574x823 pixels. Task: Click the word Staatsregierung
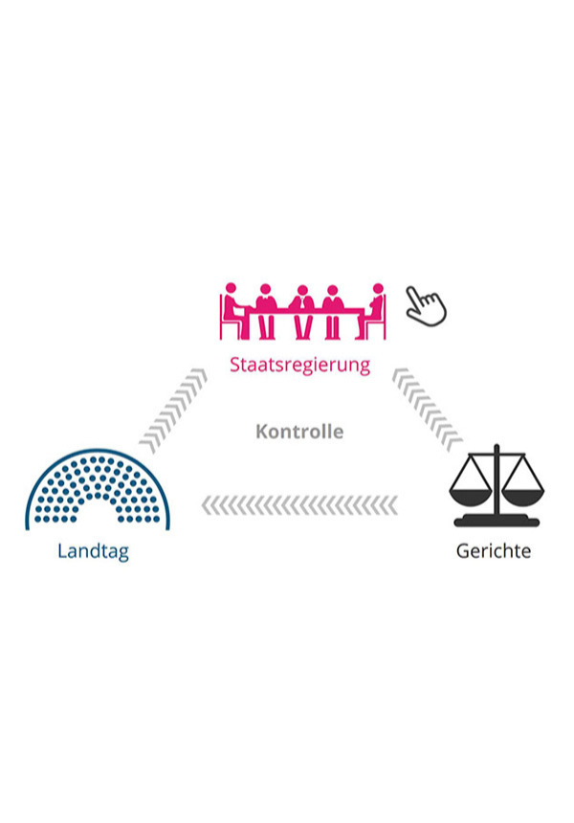[x=299, y=366]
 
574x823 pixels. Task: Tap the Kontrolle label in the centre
[x=299, y=432]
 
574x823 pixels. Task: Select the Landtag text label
[x=93, y=551]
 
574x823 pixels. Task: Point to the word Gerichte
[x=494, y=551]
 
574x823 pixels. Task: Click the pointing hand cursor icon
[x=426, y=306]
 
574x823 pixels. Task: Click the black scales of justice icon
[x=497, y=485]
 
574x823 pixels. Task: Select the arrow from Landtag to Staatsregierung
[x=174, y=410]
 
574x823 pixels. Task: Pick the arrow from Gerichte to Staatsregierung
[x=427, y=410]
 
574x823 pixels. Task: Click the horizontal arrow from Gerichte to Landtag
[x=299, y=505]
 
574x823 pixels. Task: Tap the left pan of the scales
[x=471, y=497]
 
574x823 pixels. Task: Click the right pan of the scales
[x=523, y=497]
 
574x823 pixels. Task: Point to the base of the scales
[x=497, y=522]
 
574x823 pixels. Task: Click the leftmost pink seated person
[x=232, y=310]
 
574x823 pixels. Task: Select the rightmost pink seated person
[x=373, y=310]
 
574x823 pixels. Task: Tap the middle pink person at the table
[x=302, y=312]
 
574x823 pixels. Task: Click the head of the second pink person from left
[x=266, y=289]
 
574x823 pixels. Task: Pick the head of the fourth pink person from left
[x=332, y=290]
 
